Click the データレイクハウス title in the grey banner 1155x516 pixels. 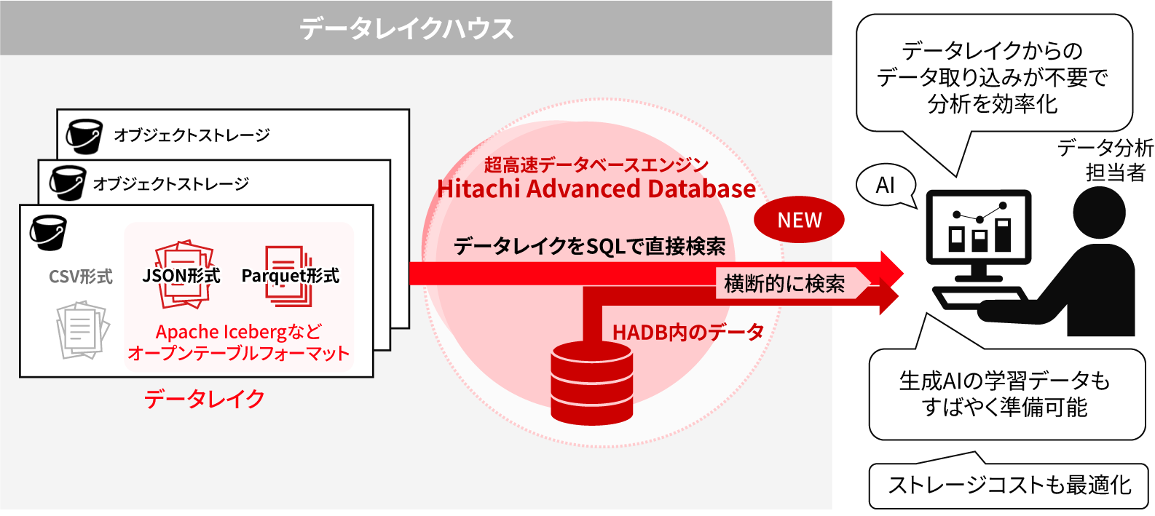point(406,28)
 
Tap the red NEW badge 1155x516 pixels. point(799,220)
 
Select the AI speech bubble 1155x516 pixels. point(885,186)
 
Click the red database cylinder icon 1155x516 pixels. point(591,383)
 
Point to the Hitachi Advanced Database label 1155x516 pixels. point(596,189)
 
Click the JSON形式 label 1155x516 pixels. point(181,276)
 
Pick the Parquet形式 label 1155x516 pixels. point(290,276)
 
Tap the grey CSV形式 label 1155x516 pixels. point(80,277)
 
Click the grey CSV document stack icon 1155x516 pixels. point(82,330)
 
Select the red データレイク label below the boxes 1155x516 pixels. point(204,398)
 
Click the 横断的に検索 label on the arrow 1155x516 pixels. point(784,283)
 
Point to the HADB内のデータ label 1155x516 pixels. point(687,332)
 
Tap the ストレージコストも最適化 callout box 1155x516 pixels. point(1009,485)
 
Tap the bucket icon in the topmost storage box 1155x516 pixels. point(84,136)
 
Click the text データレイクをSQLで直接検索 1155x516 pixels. point(589,247)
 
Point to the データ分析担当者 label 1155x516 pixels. point(1105,160)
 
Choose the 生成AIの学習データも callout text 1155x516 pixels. point(1004,381)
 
